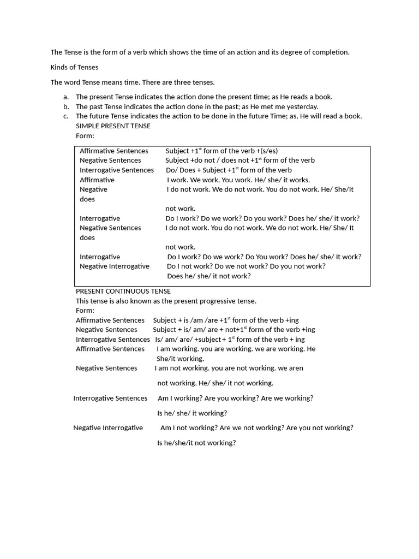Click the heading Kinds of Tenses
(x=75, y=67)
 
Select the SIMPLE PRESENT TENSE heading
(x=113, y=126)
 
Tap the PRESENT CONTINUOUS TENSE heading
(x=123, y=291)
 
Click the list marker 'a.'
(x=66, y=97)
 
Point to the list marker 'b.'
(x=66, y=106)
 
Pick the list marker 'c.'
(x=66, y=116)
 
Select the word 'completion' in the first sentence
(x=330, y=52)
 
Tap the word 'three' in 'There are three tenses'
(x=175, y=82)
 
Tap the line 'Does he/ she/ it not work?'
(x=209, y=276)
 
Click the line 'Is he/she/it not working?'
(x=196, y=443)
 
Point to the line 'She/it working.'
(x=180, y=359)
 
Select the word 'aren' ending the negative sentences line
(x=296, y=368)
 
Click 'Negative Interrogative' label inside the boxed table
(x=115, y=266)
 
